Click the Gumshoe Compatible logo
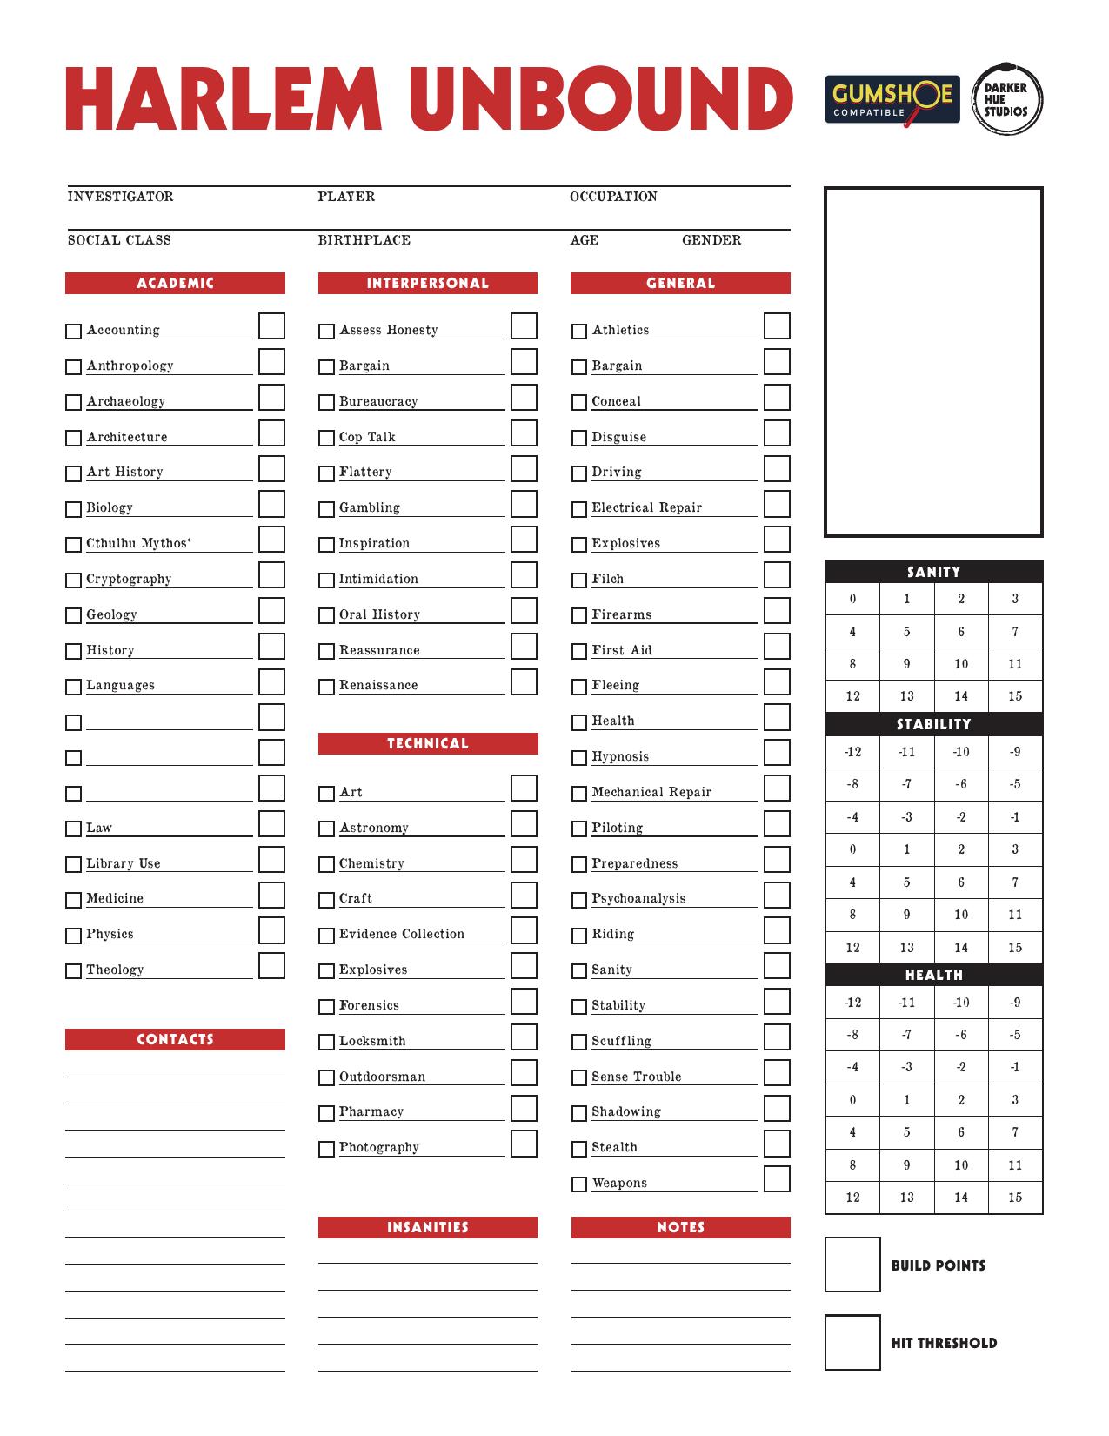click(x=892, y=99)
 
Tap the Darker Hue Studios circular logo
click(x=1005, y=99)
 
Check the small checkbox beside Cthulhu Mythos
click(x=73, y=545)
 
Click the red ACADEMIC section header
click(x=175, y=283)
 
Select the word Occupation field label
click(x=613, y=197)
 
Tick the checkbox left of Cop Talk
click(x=326, y=438)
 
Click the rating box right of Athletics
click(x=777, y=326)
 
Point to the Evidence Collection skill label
click(x=402, y=934)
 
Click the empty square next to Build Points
click(x=852, y=1265)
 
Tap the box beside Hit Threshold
click(x=852, y=1342)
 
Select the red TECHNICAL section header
click(x=428, y=743)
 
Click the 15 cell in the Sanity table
click(x=1015, y=696)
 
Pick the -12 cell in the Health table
click(x=852, y=1003)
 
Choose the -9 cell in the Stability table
click(x=1015, y=752)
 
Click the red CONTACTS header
click(x=175, y=1039)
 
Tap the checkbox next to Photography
click(x=326, y=1149)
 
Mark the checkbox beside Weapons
click(x=579, y=1184)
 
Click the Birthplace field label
click(x=364, y=240)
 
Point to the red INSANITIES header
click(x=428, y=1227)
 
